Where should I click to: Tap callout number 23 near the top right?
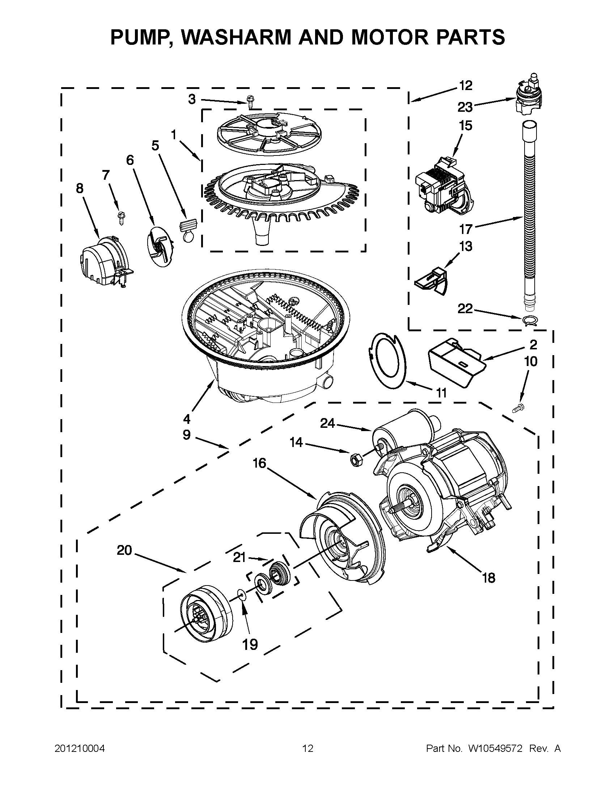tap(465, 107)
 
